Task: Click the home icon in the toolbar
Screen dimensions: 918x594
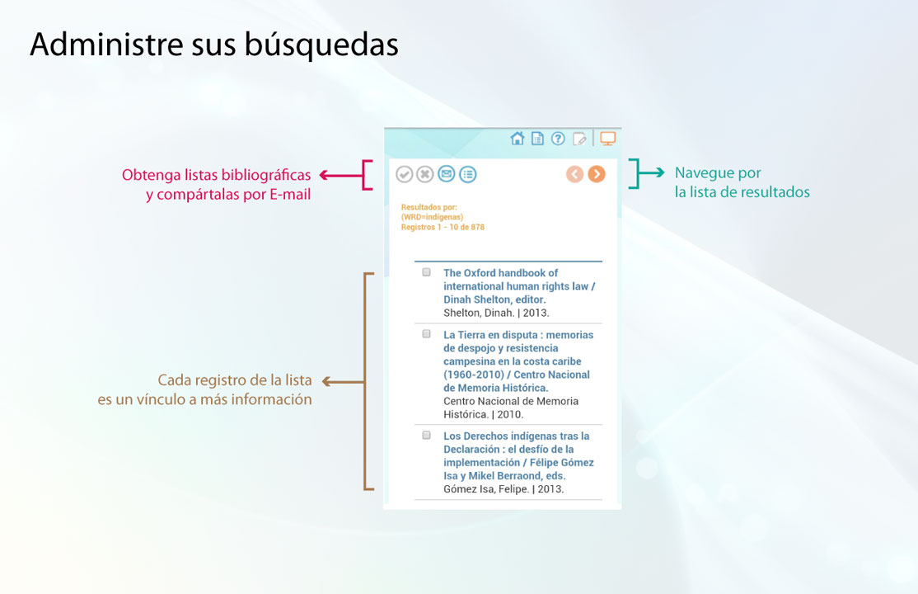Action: pyautogui.click(x=517, y=139)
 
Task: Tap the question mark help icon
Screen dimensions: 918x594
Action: pyautogui.click(x=558, y=139)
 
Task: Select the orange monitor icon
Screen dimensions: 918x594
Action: pyautogui.click(x=607, y=139)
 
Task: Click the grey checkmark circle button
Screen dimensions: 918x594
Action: pyautogui.click(x=404, y=174)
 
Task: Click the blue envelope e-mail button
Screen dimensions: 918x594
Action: pyautogui.click(x=446, y=173)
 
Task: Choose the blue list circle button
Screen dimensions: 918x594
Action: pyautogui.click(x=468, y=174)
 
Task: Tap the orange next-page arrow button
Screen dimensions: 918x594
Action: pyautogui.click(x=597, y=174)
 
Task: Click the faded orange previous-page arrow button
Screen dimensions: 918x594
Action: pyautogui.click(x=575, y=174)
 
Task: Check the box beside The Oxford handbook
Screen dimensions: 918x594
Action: pyautogui.click(x=426, y=272)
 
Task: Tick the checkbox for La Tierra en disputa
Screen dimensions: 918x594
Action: pyautogui.click(x=426, y=333)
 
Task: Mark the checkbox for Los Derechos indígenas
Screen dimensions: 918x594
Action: pyautogui.click(x=426, y=435)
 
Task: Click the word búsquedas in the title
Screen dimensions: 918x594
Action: pyautogui.click(x=321, y=45)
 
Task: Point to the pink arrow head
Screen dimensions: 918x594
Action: pyautogui.click(x=324, y=175)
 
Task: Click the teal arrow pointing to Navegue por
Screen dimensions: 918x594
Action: pyautogui.click(x=651, y=172)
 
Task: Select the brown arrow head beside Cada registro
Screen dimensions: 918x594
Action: pyautogui.click(x=326, y=382)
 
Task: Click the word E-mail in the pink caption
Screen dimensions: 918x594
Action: pyautogui.click(x=290, y=194)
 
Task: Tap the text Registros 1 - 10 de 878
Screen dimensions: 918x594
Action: pyautogui.click(x=443, y=227)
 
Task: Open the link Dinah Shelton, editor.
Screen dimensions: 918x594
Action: pyautogui.click(x=494, y=299)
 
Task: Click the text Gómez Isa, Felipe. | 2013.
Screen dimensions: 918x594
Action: pyautogui.click(x=503, y=489)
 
